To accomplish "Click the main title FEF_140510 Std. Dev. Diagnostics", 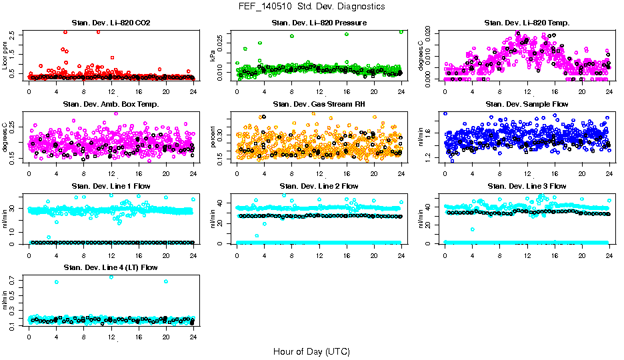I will point(311,7).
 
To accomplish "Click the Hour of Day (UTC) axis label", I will point(311,351).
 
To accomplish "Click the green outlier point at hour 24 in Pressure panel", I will point(401,31).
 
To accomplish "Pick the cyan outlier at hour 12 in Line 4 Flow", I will point(111,277).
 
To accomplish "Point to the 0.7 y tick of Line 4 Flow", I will point(14,282).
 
